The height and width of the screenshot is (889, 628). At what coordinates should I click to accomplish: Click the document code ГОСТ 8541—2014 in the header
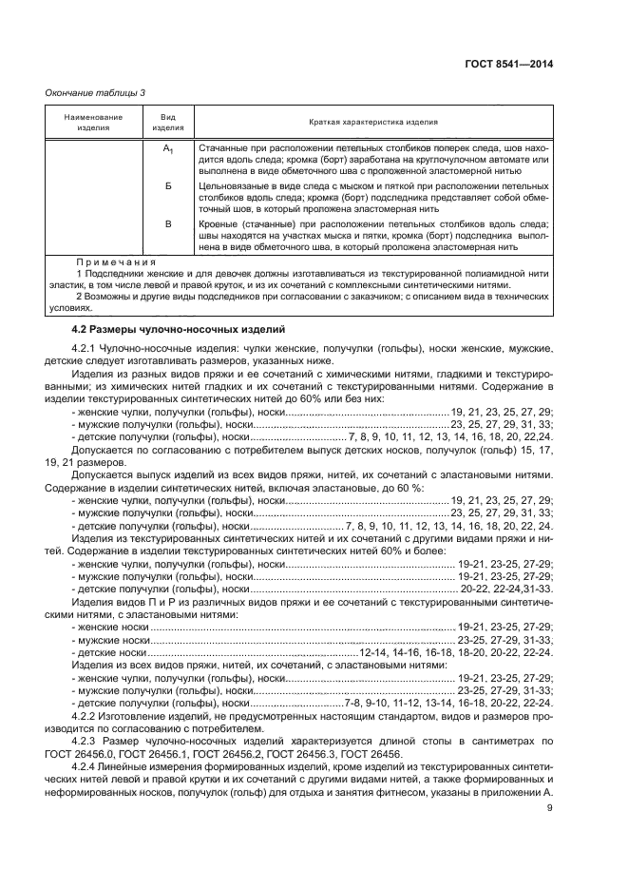[x=508, y=64]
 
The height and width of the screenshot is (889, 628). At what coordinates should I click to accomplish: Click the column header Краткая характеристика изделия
[x=372, y=123]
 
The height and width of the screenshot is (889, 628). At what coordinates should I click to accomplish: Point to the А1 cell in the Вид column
[x=167, y=150]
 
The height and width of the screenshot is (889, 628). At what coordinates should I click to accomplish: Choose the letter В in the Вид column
[x=167, y=223]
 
